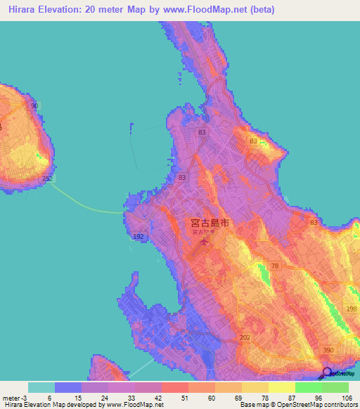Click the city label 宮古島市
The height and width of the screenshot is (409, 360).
[x=210, y=223]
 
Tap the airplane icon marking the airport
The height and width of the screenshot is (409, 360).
[x=205, y=242]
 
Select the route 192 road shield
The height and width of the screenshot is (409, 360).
[x=139, y=237]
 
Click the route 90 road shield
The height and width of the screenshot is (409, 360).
[x=34, y=105]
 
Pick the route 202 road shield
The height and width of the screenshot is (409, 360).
[x=245, y=337]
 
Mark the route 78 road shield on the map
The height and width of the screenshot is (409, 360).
[x=275, y=266]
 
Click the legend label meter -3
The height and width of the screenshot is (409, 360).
[x=14, y=398]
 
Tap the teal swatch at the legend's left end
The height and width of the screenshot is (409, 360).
[x=41, y=387]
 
